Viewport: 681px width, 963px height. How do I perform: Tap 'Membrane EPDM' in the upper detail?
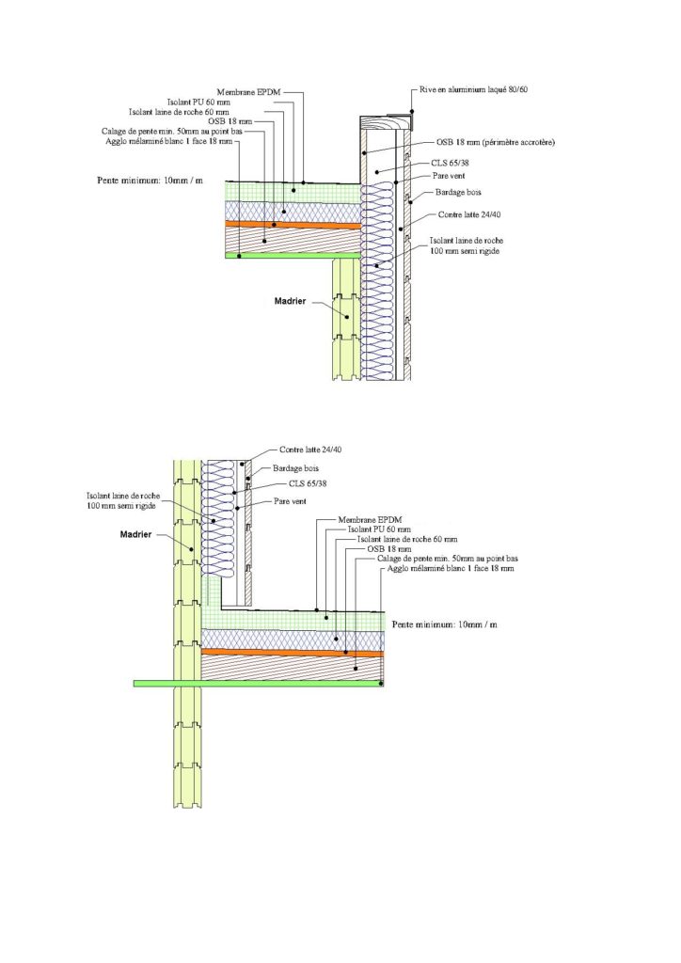pos(247,92)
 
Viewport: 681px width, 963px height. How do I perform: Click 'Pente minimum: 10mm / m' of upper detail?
pos(150,179)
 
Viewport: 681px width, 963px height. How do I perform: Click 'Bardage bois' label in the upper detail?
pos(459,192)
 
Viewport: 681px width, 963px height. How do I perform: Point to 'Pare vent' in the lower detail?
pos(290,501)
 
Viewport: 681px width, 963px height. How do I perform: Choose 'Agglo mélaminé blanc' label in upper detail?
pos(166,140)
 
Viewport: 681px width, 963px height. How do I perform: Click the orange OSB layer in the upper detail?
pos(293,226)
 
